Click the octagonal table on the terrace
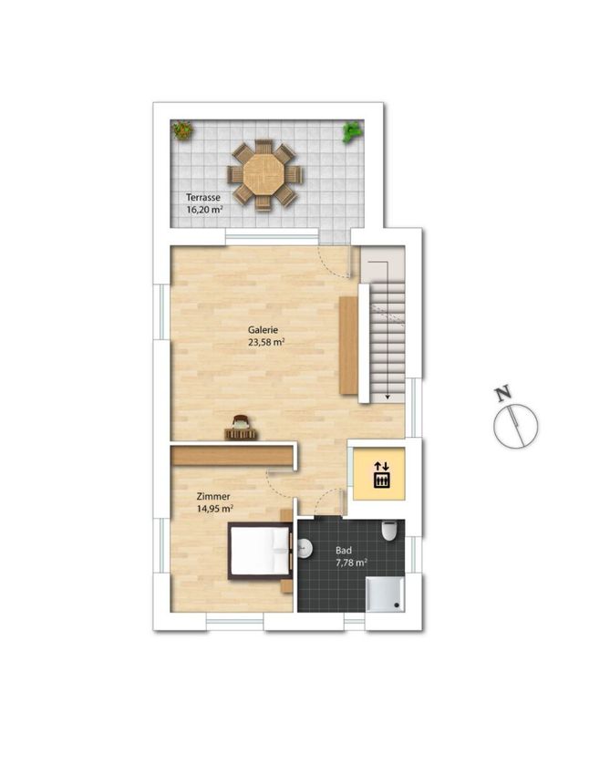(x=264, y=174)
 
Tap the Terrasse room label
(x=203, y=197)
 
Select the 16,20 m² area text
(x=204, y=210)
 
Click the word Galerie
(x=263, y=330)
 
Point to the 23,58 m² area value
(x=266, y=342)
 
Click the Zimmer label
(x=213, y=497)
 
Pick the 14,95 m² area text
(x=215, y=509)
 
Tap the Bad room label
(x=344, y=550)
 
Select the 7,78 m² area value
(x=351, y=563)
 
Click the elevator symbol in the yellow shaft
(x=381, y=474)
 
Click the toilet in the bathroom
(x=389, y=531)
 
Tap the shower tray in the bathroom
(x=385, y=594)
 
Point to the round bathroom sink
(x=305, y=548)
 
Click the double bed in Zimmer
(x=260, y=551)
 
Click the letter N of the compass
(x=503, y=394)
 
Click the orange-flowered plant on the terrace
(x=182, y=130)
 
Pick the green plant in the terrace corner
(x=352, y=132)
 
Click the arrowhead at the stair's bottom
(x=387, y=396)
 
